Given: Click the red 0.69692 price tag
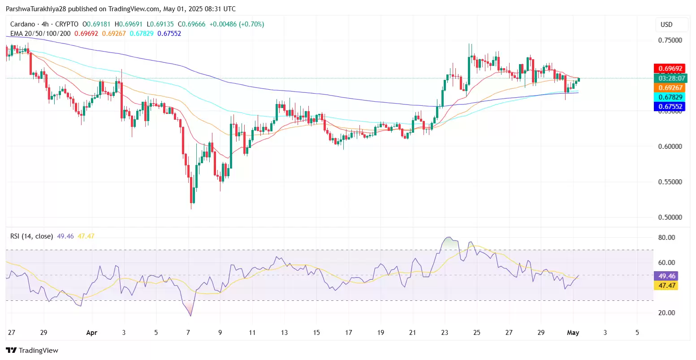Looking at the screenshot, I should (x=670, y=69).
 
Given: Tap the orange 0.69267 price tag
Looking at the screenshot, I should (x=670, y=88).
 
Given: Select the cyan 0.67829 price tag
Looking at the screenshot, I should (x=670, y=97).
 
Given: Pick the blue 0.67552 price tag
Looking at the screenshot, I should (x=670, y=107).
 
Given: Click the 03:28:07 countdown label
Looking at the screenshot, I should (x=670, y=78).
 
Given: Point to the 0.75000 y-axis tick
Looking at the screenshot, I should (x=670, y=40).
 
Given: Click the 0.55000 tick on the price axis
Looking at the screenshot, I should (x=670, y=182).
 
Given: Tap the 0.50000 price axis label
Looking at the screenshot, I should (x=670, y=217).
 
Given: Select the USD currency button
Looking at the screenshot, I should (x=666, y=25).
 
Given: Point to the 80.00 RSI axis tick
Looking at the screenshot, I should (x=666, y=238).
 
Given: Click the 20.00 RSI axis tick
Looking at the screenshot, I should (x=666, y=313).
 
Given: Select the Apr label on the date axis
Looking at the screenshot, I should (x=91, y=333).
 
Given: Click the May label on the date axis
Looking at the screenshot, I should (x=573, y=333).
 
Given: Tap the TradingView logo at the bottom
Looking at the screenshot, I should (x=32, y=351).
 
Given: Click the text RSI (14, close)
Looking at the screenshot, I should (x=31, y=236).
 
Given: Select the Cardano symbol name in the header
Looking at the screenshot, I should (x=23, y=24).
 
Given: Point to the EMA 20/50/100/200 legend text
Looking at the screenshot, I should (x=40, y=34).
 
